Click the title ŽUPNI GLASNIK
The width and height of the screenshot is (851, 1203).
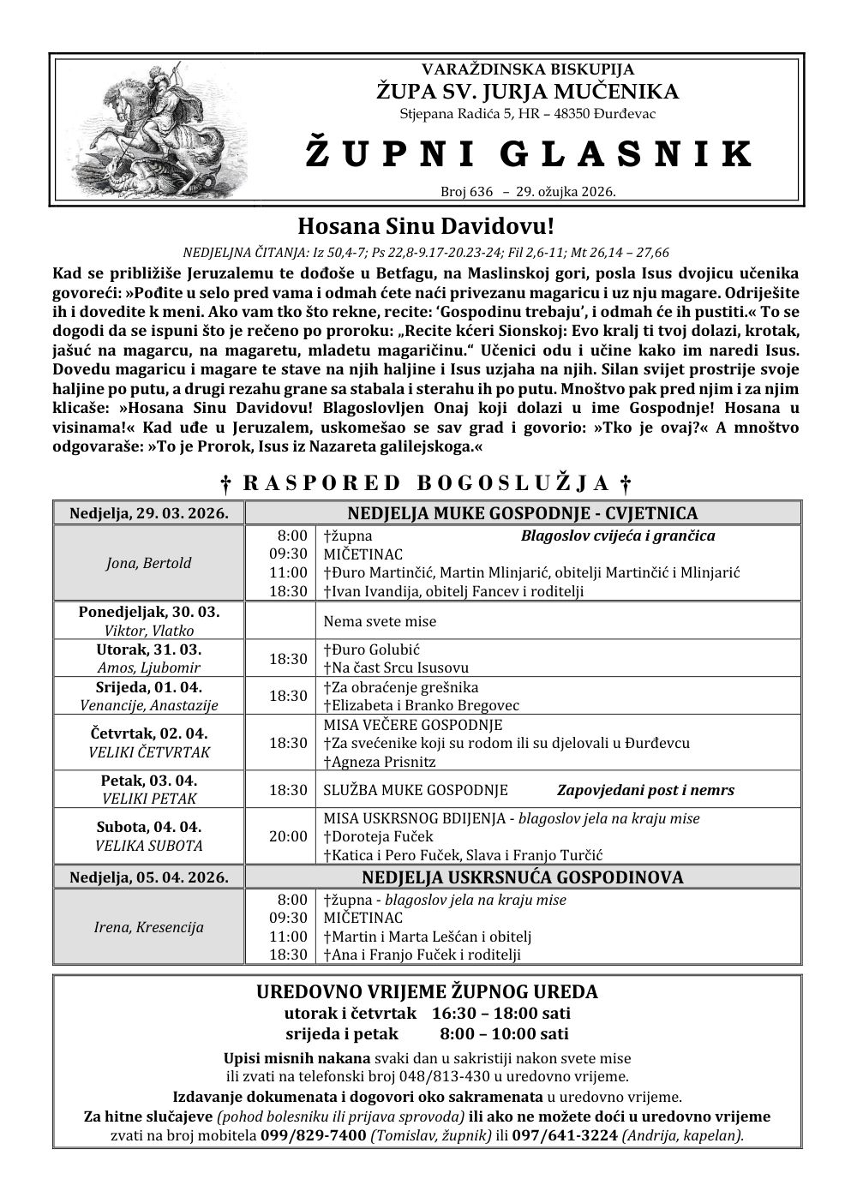coord(529,153)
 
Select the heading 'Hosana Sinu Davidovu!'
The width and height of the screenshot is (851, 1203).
coord(426,227)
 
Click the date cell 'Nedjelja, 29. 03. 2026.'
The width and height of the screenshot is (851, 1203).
coord(148,513)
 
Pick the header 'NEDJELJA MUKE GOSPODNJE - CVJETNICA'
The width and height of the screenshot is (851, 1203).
coord(523,513)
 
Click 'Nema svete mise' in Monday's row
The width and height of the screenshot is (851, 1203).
coord(380,621)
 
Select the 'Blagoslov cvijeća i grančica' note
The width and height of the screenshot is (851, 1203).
coord(618,536)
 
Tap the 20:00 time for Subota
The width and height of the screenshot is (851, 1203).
coord(288,836)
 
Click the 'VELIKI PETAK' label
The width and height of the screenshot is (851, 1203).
coord(149,799)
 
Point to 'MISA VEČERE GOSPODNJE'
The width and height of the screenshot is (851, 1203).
coord(401,725)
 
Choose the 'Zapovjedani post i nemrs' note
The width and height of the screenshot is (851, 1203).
coord(645,790)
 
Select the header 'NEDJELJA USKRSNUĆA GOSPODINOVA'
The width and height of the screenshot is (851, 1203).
coord(523,877)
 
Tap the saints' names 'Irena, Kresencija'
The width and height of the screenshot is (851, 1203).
coord(148,927)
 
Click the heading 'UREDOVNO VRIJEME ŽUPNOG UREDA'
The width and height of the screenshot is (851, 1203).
coord(427,992)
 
